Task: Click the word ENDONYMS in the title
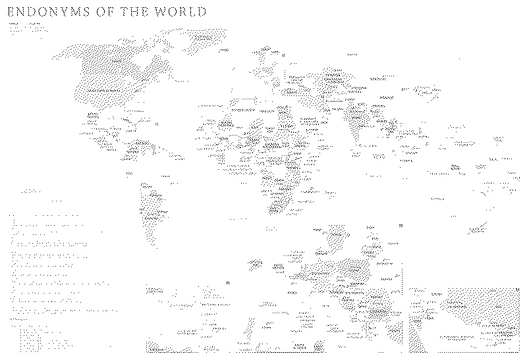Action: (x=49, y=12)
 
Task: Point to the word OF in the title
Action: (x=107, y=12)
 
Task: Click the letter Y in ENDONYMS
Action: (x=63, y=12)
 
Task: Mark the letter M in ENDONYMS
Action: (x=74, y=12)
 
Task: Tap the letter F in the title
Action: (x=113, y=12)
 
